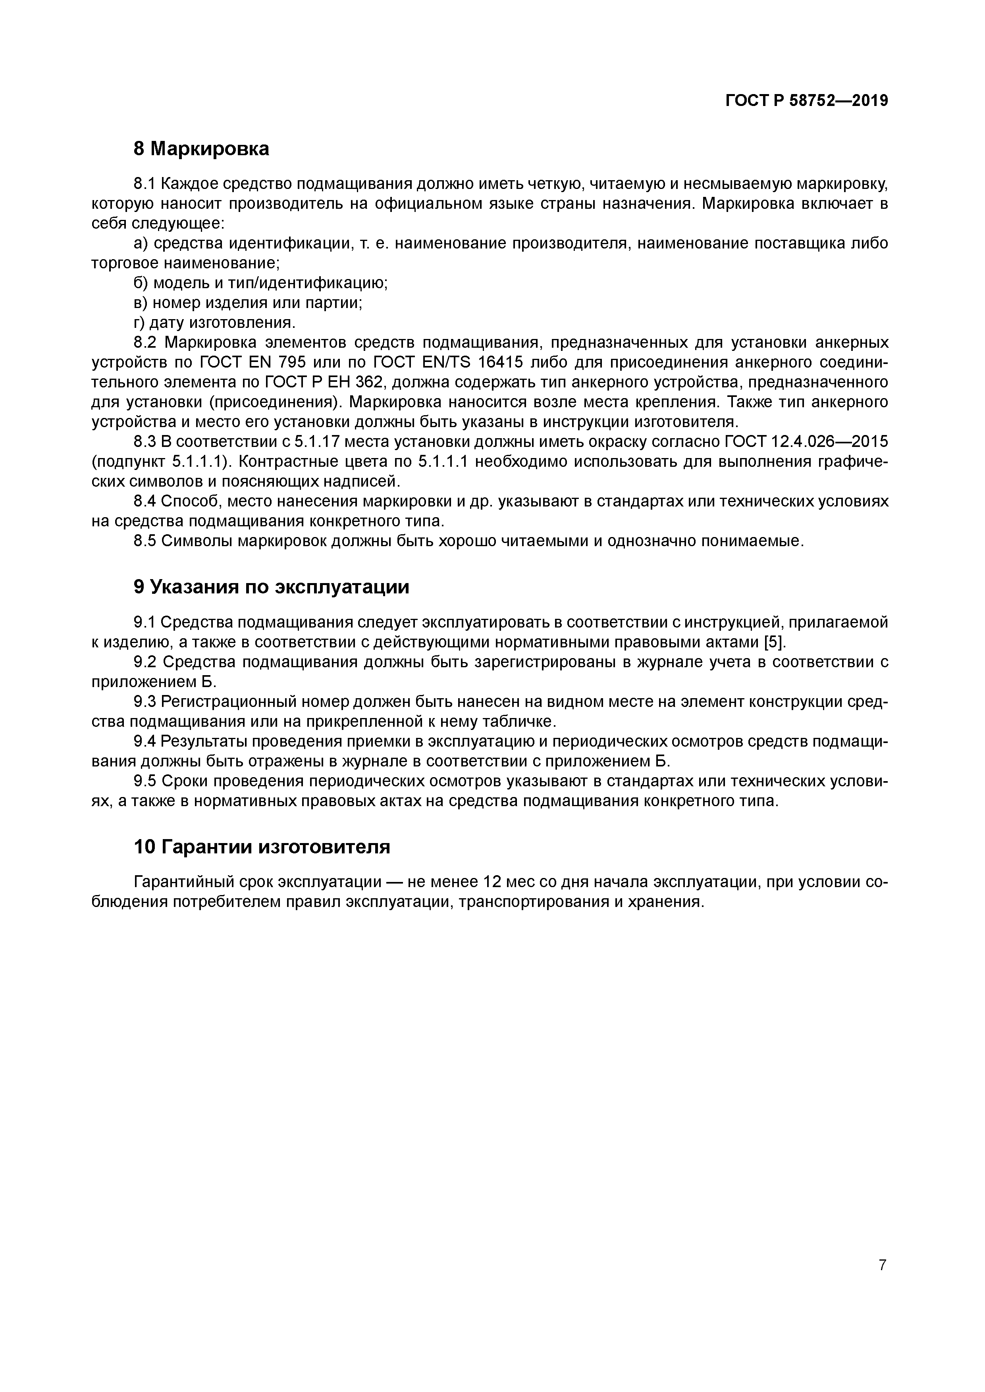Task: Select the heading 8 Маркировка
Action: click(201, 148)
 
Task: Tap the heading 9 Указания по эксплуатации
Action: click(271, 587)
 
